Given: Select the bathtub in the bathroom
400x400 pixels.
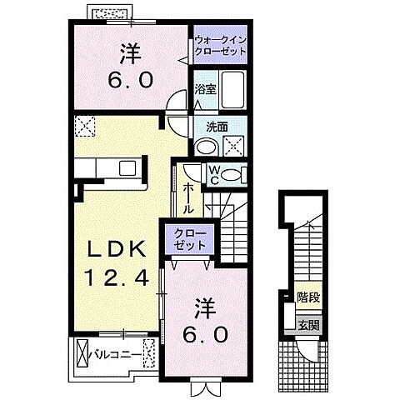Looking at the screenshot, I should pyautogui.click(x=233, y=89).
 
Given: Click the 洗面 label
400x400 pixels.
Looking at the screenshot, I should pyautogui.click(x=217, y=127).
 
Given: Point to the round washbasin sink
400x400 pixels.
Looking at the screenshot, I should pyautogui.click(x=205, y=147).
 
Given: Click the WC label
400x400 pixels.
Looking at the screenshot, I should pyautogui.click(x=213, y=176).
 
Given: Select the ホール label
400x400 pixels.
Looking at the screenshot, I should pyautogui.click(x=187, y=197).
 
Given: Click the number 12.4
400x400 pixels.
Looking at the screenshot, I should pyautogui.click(x=114, y=277).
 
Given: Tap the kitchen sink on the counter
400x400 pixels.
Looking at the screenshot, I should pyautogui.click(x=127, y=169).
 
